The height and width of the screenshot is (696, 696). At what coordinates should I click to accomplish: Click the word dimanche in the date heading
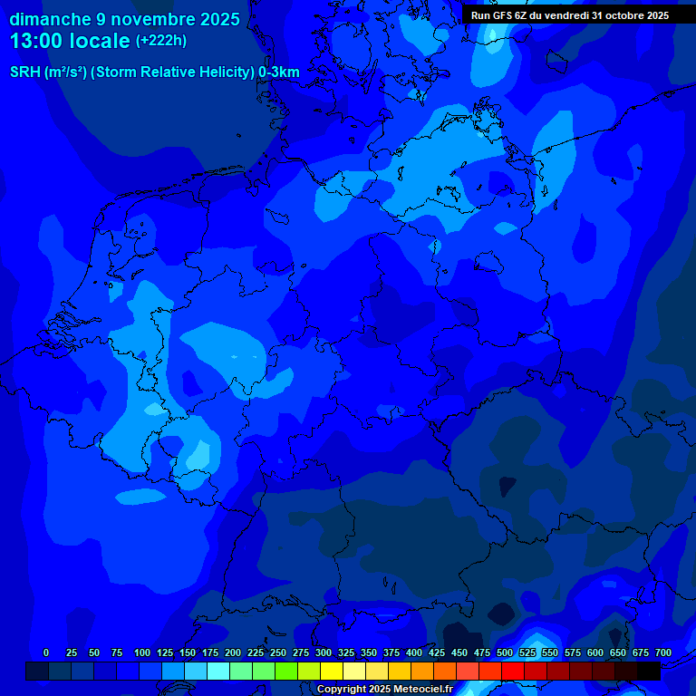pyautogui.click(x=49, y=19)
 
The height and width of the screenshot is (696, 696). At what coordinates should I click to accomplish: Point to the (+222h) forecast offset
pyautogui.click(x=161, y=41)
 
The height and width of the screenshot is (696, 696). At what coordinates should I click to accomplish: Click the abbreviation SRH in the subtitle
pyautogui.click(x=24, y=72)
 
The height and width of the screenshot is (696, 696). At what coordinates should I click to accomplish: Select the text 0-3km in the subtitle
pyautogui.click(x=279, y=72)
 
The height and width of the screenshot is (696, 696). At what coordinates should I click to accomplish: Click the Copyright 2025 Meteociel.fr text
pyautogui.click(x=384, y=690)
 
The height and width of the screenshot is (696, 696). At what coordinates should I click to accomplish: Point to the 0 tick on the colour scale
pyautogui.click(x=46, y=652)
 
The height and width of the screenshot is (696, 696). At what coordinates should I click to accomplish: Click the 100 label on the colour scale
pyautogui.click(x=142, y=652)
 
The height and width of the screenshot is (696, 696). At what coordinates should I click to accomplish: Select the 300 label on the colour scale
pyautogui.click(x=324, y=652)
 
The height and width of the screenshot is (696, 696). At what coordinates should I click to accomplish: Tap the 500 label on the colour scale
pyautogui.click(x=505, y=652)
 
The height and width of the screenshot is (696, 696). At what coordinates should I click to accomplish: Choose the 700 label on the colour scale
pyautogui.click(x=663, y=652)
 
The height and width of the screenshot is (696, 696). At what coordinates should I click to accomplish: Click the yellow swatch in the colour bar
pyautogui.click(x=332, y=671)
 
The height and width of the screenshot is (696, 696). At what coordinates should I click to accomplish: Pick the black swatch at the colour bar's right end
pyautogui.click(x=649, y=671)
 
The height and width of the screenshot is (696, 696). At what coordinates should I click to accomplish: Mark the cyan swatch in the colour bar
pyautogui.click(x=218, y=671)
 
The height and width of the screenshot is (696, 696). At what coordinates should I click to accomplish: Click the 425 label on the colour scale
pyautogui.click(x=437, y=652)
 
